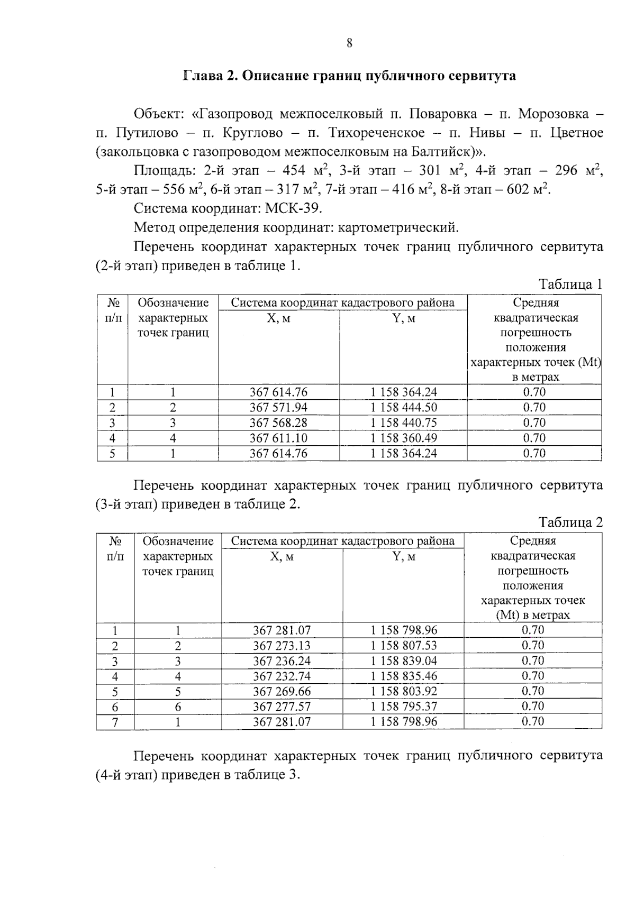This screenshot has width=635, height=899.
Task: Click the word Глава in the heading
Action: pyautogui.click(x=202, y=76)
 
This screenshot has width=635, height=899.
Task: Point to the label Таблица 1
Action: pyautogui.click(x=570, y=285)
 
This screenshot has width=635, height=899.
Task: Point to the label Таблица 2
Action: pyautogui.click(x=570, y=523)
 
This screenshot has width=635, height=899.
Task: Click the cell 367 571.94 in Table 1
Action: pyautogui.click(x=278, y=408)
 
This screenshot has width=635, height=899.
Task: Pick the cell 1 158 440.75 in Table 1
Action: pyautogui.click(x=403, y=423)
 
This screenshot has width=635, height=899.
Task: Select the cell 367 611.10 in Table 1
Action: pyautogui.click(x=278, y=438)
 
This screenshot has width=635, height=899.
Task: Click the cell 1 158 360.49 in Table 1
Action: pyautogui.click(x=403, y=438)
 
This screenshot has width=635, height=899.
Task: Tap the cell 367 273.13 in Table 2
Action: pyautogui.click(x=282, y=646)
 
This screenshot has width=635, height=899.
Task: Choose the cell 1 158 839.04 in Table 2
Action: pyautogui.click(x=403, y=661)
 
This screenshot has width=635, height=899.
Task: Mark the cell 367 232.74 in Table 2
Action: pyautogui.click(x=282, y=676)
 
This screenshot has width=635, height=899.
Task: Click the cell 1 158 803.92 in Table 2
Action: pyautogui.click(x=403, y=692)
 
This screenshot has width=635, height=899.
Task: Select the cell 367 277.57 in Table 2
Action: pyautogui.click(x=282, y=707)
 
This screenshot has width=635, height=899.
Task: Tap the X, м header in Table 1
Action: pyautogui.click(x=279, y=318)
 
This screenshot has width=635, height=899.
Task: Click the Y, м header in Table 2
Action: pyautogui.click(x=403, y=557)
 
